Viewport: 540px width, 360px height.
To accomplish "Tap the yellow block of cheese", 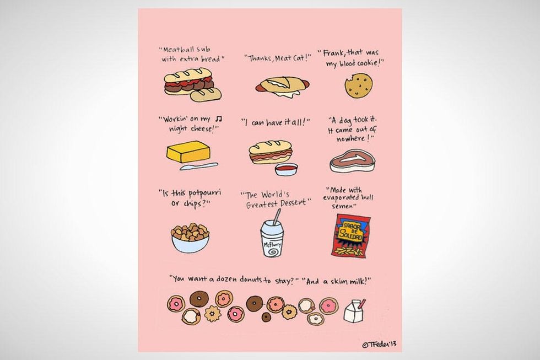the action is pyautogui.click(x=188, y=151).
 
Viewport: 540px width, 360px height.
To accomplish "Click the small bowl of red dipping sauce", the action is pyautogui.click(x=286, y=169).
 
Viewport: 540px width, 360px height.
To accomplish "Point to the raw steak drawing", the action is pyautogui.click(x=352, y=160).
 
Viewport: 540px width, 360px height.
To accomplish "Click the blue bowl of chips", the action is pyautogui.click(x=191, y=238).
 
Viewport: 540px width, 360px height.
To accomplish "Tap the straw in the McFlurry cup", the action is pyautogui.click(x=276, y=217).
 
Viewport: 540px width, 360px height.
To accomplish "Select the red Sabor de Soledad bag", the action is pyautogui.click(x=351, y=235).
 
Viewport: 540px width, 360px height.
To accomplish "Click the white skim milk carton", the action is pyautogui.click(x=354, y=311).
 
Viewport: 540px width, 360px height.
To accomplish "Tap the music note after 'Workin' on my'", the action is pyautogui.click(x=218, y=119).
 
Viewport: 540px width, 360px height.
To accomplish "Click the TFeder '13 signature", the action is pyautogui.click(x=379, y=344).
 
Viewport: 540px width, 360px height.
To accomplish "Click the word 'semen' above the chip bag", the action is pyautogui.click(x=342, y=206).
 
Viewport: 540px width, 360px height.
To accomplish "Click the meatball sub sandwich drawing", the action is pyautogui.click(x=192, y=85).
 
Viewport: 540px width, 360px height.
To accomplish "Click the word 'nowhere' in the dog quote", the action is pyautogui.click(x=350, y=138).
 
